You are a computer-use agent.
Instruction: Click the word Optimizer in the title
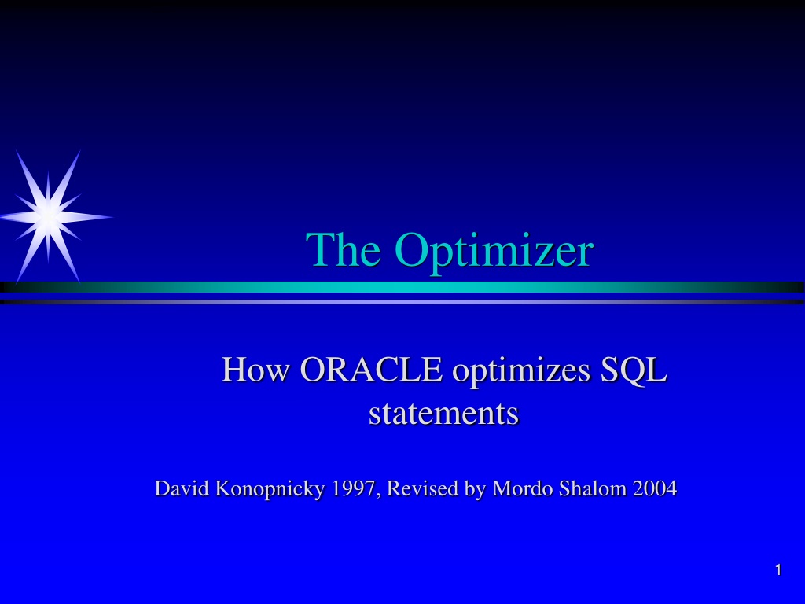pyautogui.click(x=494, y=250)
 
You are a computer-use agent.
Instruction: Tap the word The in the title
pyautogui.click(x=343, y=249)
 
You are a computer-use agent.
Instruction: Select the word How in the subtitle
pyautogui.click(x=255, y=369)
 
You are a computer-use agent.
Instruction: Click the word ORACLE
pyautogui.click(x=371, y=369)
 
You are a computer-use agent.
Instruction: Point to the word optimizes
pyautogui.click(x=520, y=371)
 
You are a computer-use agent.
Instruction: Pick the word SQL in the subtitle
pyautogui.click(x=633, y=370)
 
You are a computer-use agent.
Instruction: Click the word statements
pyautogui.click(x=443, y=413)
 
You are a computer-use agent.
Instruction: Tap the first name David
pyautogui.click(x=182, y=488)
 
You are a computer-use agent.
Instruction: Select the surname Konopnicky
pyautogui.click(x=270, y=489)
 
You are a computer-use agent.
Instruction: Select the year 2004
pyautogui.click(x=655, y=488)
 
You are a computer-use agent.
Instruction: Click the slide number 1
pyautogui.click(x=778, y=570)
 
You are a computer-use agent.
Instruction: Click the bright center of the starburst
pyautogui.click(x=48, y=217)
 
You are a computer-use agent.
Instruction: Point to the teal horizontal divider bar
pyautogui.click(x=402, y=287)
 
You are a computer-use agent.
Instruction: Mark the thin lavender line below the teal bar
pyautogui.click(x=402, y=302)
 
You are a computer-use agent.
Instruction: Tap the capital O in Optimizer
pyautogui.click(x=414, y=249)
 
